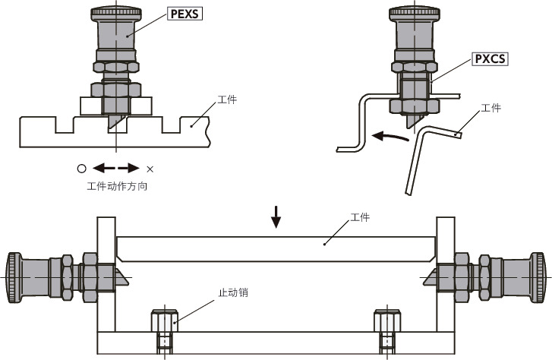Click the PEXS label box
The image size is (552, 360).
[185, 13]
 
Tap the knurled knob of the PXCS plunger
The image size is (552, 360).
[414, 13]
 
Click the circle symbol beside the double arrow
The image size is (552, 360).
[80, 169]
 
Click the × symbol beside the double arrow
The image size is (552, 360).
[150, 169]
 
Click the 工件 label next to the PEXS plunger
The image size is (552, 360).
[227, 99]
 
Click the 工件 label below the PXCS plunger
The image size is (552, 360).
[491, 109]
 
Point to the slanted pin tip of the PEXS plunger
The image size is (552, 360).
[114, 119]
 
